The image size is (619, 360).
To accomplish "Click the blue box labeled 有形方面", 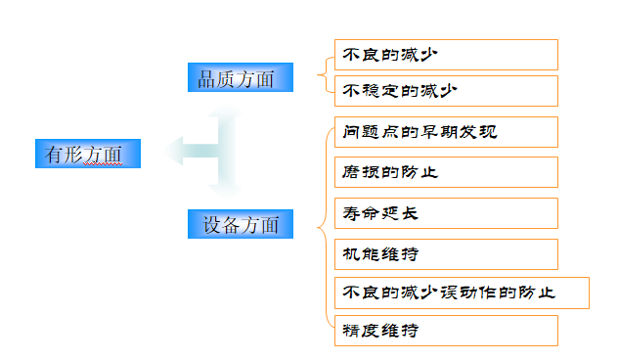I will tap(87, 154).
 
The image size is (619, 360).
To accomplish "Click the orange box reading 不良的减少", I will tap(446, 55).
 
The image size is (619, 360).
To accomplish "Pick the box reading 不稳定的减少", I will tap(446, 91).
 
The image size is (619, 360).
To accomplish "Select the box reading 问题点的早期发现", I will tap(446, 132).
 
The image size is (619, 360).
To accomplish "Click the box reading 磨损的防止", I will tap(446, 172).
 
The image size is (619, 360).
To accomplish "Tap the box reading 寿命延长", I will tap(446, 212).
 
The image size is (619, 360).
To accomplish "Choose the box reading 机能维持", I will tap(446, 253).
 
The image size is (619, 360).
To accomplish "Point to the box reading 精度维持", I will tap(446, 331).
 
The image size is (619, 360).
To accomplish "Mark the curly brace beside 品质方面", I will tap(323, 73).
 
